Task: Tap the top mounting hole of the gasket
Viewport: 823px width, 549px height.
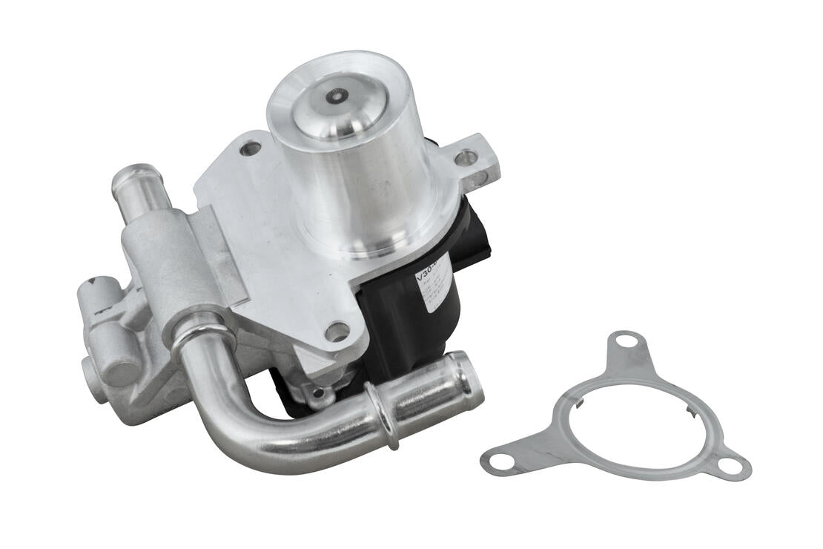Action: click(627, 342)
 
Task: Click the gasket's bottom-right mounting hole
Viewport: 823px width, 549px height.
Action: click(731, 466)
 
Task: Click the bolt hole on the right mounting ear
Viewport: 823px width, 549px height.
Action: click(466, 157)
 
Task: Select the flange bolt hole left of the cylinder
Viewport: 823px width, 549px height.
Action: click(251, 148)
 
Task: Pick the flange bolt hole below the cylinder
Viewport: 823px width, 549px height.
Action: click(337, 331)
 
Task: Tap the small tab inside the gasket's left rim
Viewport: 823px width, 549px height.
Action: click(565, 405)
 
